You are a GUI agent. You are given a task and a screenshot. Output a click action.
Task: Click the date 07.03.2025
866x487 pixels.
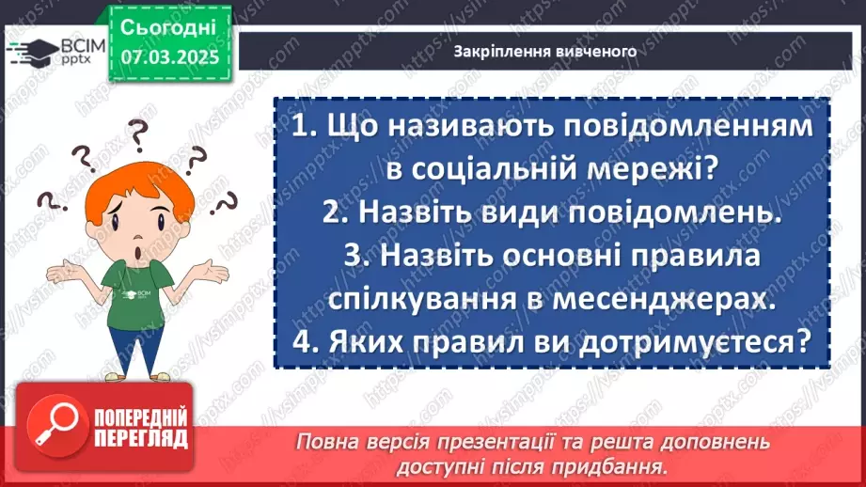point(169,57)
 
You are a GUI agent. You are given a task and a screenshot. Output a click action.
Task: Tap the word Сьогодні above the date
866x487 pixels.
point(168,26)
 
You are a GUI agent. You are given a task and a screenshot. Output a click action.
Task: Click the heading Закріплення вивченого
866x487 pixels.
point(544,52)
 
